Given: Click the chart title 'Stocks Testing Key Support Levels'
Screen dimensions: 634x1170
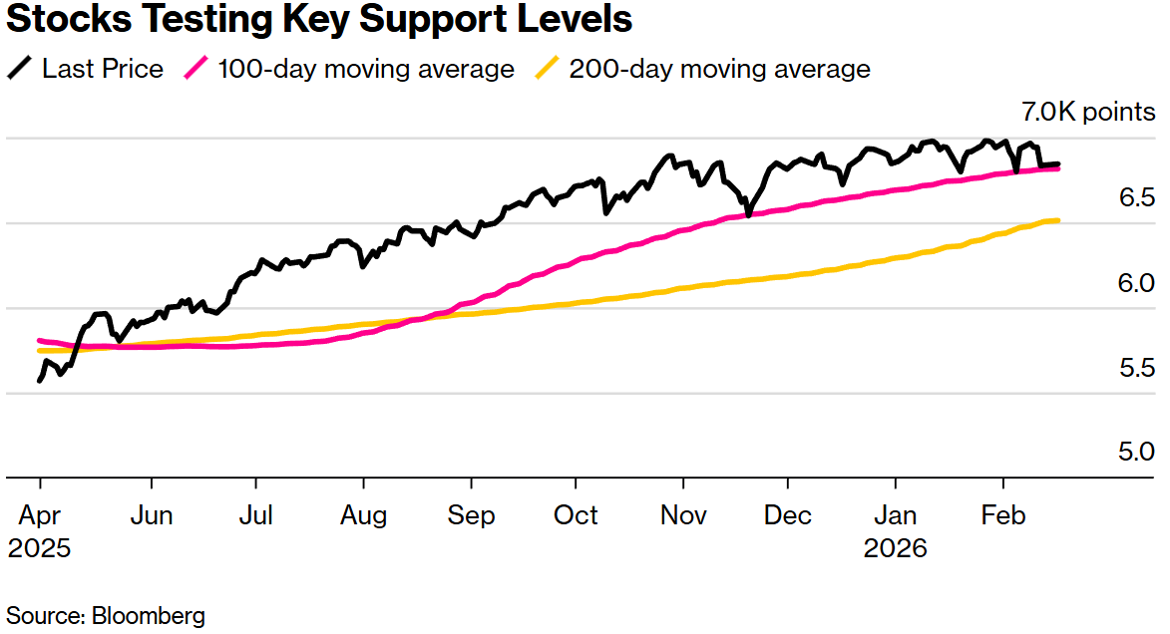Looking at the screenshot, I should pos(319,20).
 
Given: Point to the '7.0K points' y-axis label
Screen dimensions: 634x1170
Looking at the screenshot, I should pos(1088,112).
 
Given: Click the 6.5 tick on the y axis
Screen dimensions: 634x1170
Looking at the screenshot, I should pos(1137,197).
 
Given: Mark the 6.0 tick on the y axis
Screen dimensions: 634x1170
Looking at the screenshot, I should pos(1137,283).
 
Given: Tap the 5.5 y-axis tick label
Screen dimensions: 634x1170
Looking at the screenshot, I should pos(1137,368).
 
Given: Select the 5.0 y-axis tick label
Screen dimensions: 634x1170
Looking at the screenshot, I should pos(1137,453).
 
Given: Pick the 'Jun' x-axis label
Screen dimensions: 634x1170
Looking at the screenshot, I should pos(152,515).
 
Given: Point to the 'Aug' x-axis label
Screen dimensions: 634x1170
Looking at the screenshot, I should pos(363,515).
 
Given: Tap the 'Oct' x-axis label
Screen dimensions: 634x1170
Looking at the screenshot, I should pos(576,515).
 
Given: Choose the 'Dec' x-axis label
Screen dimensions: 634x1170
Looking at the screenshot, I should pos(788,515).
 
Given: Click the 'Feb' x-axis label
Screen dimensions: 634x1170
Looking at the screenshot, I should pos(1003,515).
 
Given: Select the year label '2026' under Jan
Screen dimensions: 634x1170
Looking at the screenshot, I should pos(896,548).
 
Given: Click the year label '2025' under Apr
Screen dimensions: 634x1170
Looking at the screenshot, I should pos(40,548).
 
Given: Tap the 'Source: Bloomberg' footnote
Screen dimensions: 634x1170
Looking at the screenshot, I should pos(106,615).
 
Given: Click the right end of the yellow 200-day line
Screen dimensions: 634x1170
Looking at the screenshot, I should pos(1057,220).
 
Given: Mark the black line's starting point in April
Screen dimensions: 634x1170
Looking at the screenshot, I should pos(40,380).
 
